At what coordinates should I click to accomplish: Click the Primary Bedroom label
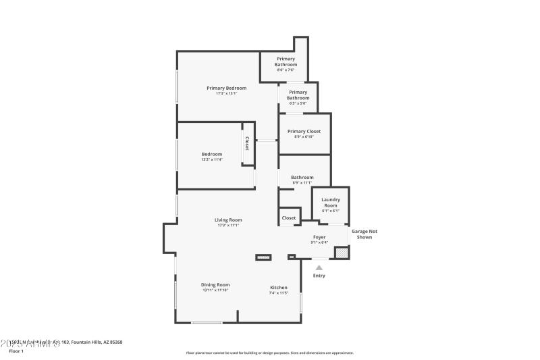tap(226, 88)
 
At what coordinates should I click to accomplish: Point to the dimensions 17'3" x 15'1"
tap(226, 93)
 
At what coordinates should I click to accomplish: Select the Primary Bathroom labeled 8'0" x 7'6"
tap(286, 62)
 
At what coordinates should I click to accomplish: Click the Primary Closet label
tap(304, 131)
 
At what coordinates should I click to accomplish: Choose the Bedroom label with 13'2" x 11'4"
tap(211, 154)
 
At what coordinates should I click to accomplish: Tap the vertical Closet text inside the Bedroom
tap(247, 143)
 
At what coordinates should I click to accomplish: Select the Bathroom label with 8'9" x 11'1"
tap(302, 177)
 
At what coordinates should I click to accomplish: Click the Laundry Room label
tap(331, 202)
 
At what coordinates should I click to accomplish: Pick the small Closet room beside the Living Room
tap(289, 217)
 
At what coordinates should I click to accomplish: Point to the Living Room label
tap(228, 220)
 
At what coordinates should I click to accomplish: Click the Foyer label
tap(319, 237)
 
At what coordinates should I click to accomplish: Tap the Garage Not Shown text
tap(364, 234)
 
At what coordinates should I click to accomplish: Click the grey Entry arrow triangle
tap(319, 267)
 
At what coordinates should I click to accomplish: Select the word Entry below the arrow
tap(319, 276)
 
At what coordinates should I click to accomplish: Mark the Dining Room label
tap(215, 284)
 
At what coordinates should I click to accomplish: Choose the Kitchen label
tap(279, 288)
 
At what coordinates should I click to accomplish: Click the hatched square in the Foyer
tap(342, 252)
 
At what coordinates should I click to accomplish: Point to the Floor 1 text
tap(16, 351)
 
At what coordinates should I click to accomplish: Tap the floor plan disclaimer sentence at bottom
tap(269, 353)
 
